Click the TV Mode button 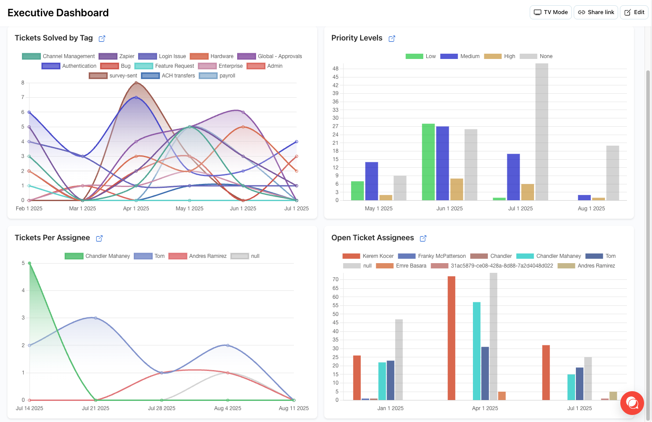pyautogui.click(x=550, y=12)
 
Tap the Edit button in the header pyautogui.click(x=634, y=12)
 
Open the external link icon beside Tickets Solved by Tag pyautogui.click(x=102, y=39)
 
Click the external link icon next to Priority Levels pyautogui.click(x=392, y=39)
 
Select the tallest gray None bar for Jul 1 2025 pyautogui.click(x=542, y=132)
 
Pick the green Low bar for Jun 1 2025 pyautogui.click(x=428, y=162)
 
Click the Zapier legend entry pyautogui.click(x=117, y=56)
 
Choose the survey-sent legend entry pyautogui.click(x=114, y=76)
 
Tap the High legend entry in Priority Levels pyautogui.click(x=500, y=56)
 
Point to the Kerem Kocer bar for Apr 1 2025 pyautogui.click(x=451, y=338)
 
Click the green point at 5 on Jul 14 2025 pyautogui.click(x=29, y=263)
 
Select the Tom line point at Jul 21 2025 pyautogui.click(x=95, y=318)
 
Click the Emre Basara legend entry pyautogui.click(x=401, y=266)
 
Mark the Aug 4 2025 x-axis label pyautogui.click(x=227, y=408)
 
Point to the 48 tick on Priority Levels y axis pyautogui.click(x=336, y=69)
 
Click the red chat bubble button pyautogui.click(x=632, y=403)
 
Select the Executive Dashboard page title pyautogui.click(x=58, y=13)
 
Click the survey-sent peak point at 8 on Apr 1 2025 pyautogui.click(x=136, y=83)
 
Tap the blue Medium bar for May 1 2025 pyautogui.click(x=371, y=181)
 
